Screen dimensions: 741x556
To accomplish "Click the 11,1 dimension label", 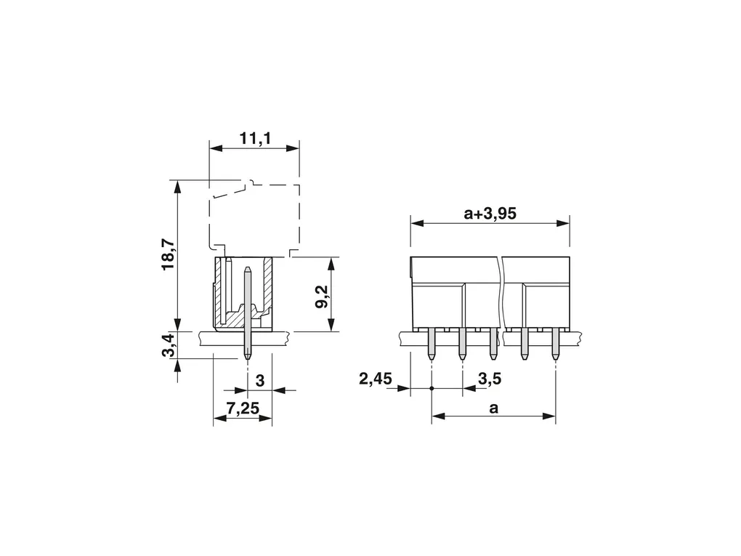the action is click(x=255, y=139).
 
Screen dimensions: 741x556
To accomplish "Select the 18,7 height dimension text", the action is click(x=169, y=255).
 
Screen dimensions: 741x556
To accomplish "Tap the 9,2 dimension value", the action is click(x=322, y=297).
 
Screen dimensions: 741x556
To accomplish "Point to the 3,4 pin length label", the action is click(x=169, y=345).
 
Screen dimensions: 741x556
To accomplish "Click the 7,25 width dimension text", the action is click(x=243, y=408).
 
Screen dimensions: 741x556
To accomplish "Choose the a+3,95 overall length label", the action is click(x=490, y=214).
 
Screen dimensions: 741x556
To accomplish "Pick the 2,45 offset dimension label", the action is click(x=376, y=378).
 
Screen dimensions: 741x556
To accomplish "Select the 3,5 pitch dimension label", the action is click(x=490, y=378).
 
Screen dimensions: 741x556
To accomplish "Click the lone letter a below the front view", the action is click(x=494, y=408).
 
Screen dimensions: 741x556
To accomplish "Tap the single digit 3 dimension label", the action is click(x=260, y=381).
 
